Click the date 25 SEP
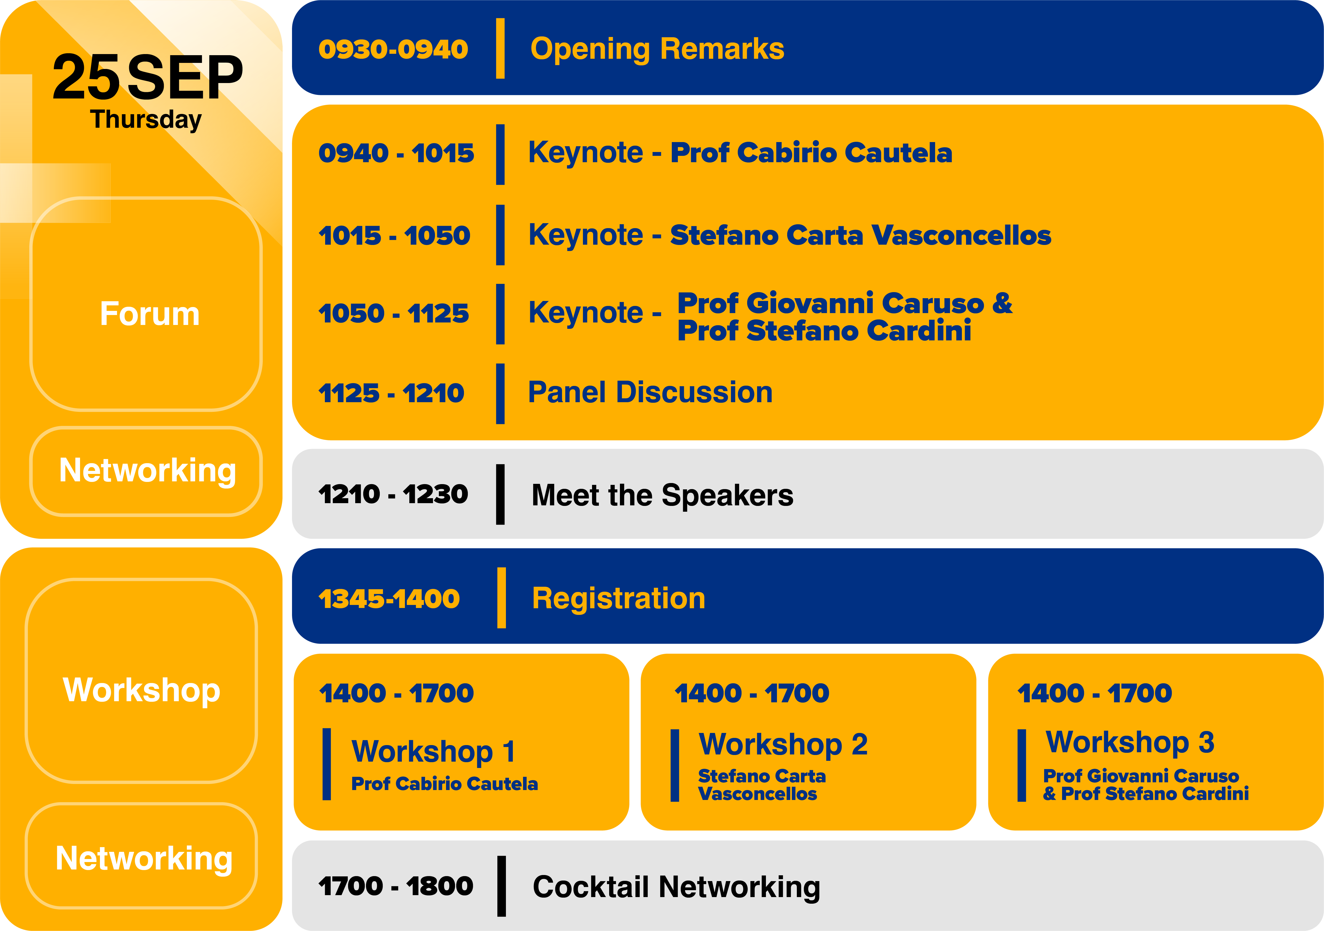[x=148, y=77]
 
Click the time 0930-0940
[x=393, y=49]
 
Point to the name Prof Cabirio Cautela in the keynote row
[x=811, y=153]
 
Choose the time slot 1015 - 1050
[x=394, y=235]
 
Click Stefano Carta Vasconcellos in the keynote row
[x=860, y=235]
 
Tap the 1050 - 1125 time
[x=394, y=314]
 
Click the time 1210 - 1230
[x=393, y=494]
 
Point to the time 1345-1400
[x=389, y=599]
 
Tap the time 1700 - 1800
[x=396, y=886]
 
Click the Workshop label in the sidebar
[x=142, y=690]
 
